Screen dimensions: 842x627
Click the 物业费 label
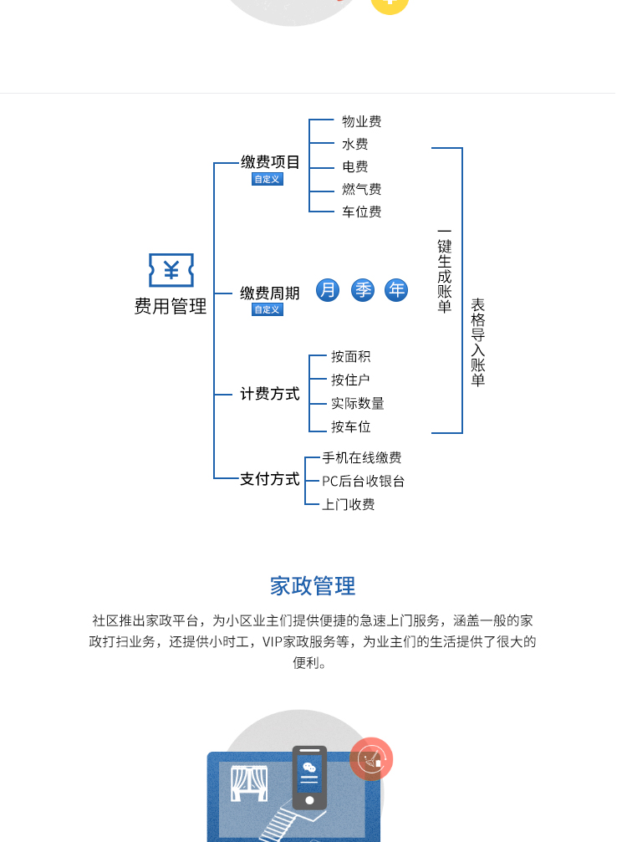tap(361, 121)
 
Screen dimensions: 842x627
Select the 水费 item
tap(354, 144)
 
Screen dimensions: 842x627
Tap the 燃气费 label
tap(361, 189)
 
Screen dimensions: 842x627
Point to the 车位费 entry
tap(361, 212)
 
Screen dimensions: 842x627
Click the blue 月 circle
tap(328, 290)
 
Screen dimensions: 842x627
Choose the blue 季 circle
tap(363, 290)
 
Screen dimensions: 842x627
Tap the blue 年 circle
tap(396, 290)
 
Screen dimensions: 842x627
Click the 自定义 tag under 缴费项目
tap(268, 179)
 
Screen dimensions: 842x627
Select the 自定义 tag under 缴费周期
tap(268, 309)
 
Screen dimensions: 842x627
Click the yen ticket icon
tap(171, 270)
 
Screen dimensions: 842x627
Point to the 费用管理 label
tap(171, 307)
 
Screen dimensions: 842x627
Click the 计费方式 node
tap(269, 393)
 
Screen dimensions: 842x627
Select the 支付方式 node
tap(269, 479)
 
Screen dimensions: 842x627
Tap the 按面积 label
tap(350, 356)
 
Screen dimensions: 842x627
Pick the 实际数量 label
tap(357, 403)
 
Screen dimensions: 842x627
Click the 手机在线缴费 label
tap(361, 457)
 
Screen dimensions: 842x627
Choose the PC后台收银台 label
tap(363, 481)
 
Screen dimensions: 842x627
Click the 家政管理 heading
tap(313, 585)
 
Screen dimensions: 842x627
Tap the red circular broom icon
tap(370, 759)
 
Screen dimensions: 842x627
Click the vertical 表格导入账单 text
tap(477, 343)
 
